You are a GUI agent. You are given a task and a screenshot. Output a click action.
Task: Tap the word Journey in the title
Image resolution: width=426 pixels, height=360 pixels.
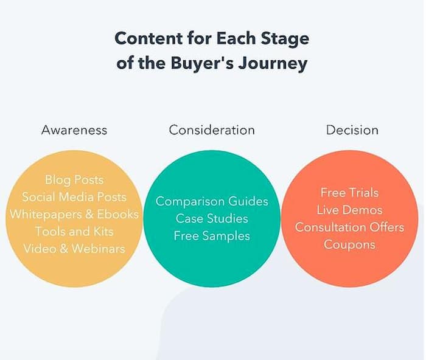(273, 64)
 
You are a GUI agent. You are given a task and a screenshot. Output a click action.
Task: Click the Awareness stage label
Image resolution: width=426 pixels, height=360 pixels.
(74, 130)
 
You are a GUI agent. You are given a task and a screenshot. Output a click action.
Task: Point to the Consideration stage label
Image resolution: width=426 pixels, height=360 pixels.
(212, 130)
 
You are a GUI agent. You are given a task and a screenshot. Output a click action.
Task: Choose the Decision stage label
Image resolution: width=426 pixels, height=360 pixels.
(352, 130)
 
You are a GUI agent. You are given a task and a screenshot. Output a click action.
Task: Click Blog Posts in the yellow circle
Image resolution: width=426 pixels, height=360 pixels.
(74, 180)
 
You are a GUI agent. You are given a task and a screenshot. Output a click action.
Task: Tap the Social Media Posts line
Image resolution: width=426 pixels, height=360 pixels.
(74, 197)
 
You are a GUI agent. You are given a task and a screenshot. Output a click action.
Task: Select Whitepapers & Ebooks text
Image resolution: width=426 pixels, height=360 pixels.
(74, 214)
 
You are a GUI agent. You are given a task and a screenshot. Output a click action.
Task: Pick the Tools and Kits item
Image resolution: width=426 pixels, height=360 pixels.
(74, 231)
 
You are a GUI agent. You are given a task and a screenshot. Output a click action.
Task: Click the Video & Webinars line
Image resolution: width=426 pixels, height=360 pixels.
(74, 249)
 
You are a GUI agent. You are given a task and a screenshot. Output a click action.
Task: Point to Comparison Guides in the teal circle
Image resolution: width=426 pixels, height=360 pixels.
(212, 201)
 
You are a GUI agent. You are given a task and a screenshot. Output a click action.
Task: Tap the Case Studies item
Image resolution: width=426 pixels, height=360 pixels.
(212, 218)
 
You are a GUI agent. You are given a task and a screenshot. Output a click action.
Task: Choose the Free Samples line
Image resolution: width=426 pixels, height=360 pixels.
(212, 236)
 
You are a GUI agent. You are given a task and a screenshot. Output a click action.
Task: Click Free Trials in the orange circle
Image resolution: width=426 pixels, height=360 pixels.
(350, 193)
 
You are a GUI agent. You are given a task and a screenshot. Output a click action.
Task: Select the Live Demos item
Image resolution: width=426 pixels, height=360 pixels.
(350, 210)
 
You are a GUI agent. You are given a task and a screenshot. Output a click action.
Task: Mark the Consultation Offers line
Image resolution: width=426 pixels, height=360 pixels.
(350, 227)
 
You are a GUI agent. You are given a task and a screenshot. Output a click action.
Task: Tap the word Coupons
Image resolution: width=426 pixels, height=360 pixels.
(350, 244)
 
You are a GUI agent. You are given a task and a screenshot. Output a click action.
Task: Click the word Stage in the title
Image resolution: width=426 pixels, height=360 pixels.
(285, 39)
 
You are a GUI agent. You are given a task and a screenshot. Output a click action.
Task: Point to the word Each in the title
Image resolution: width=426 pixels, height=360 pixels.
(236, 38)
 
